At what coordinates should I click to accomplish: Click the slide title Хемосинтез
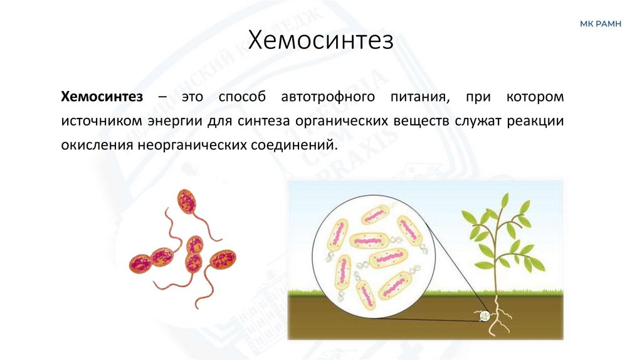[x=321, y=42]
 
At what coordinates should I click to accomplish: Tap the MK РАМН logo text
[x=600, y=24]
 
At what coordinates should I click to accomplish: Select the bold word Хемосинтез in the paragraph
[x=102, y=97]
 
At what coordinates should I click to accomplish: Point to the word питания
[x=423, y=97]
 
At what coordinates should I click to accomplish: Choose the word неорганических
[x=186, y=145]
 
